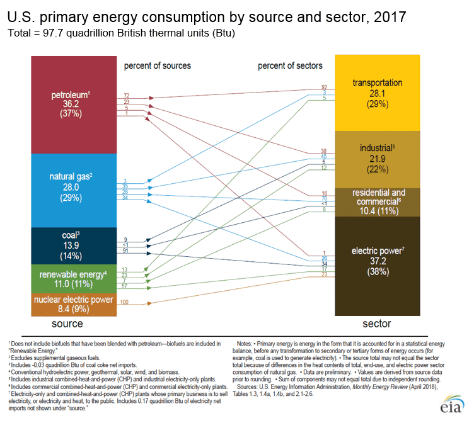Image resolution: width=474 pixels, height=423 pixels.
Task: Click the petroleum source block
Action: coord(74,104)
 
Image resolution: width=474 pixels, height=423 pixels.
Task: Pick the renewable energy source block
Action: coord(74,278)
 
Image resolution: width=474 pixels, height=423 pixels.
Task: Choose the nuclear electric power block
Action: coord(74,304)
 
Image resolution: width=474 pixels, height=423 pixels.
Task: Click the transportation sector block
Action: coord(377,93)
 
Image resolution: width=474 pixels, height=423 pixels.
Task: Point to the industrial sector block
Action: coord(377,159)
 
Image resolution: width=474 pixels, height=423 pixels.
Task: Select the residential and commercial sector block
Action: coord(377,201)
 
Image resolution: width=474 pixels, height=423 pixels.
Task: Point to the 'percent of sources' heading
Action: coord(157,65)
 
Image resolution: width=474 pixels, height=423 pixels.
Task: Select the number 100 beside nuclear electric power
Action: coord(124,303)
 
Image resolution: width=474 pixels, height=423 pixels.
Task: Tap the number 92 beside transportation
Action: coord(324,86)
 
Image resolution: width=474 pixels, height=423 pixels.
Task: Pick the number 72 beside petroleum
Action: coord(126,94)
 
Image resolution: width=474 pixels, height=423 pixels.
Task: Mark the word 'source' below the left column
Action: coord(67,324)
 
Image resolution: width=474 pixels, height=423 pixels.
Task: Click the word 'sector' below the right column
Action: coord(376,324)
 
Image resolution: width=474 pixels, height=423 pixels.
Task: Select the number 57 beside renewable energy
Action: coord(125,286)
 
